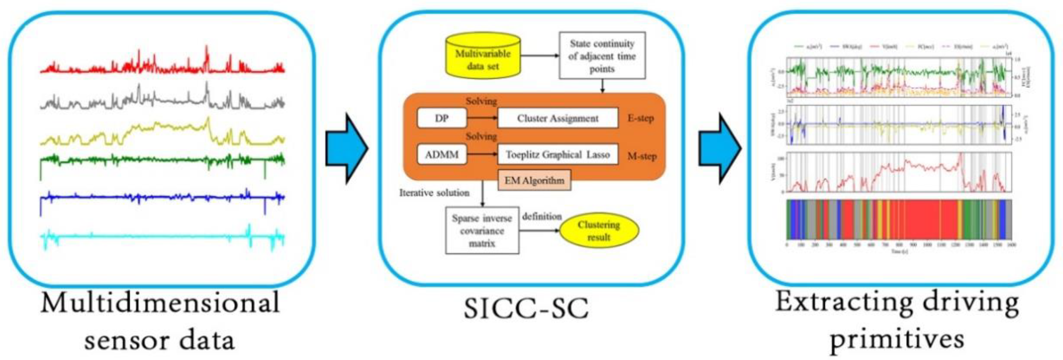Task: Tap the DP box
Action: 441,118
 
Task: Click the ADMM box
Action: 441,154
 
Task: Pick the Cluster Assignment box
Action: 557,118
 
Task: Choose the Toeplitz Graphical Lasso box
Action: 557,154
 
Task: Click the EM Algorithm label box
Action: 534,180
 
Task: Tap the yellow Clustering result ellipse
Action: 599,231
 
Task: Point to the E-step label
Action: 640,118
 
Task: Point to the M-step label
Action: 642,156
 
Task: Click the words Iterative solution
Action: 434,193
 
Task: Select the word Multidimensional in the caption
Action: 160,303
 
